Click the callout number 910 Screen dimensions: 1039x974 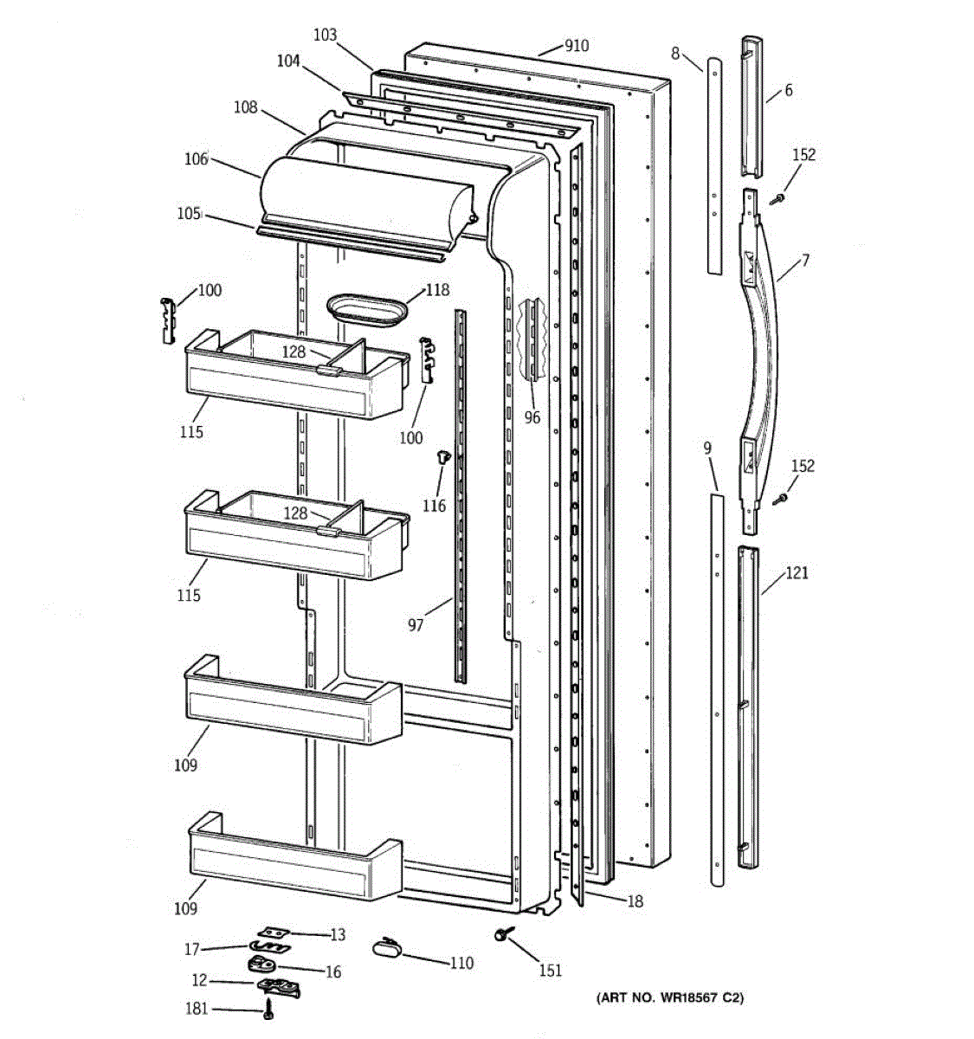tap(576, 46)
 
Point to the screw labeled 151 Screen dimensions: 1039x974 tap(501, 935)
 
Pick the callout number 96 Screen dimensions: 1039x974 tap(532, 417)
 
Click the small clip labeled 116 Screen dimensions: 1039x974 tap(443, 456)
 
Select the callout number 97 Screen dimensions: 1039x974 tap(416, 624)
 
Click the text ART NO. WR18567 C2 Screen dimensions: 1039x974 tap(669, 998)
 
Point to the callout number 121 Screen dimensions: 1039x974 tap(797, 573)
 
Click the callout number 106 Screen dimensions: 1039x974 tap(196, 158)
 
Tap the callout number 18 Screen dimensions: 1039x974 tap(635, 902)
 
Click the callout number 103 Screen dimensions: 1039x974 tap(325, 35)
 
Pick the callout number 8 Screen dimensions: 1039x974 tap(675, 54)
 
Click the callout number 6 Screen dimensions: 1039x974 tap(788, 90)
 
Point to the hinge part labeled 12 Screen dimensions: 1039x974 tap(277, 986)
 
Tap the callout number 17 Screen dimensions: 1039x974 tap(192, 950)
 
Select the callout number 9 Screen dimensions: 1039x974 tap(707, 449)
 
